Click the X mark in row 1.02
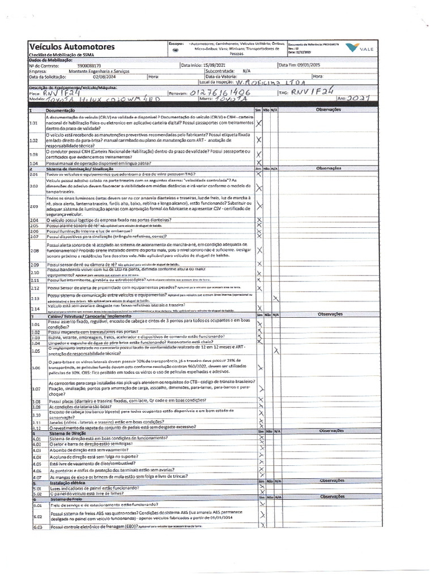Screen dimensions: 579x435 (x=259, y=139)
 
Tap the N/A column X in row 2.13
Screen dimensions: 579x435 (x=275, y=298)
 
